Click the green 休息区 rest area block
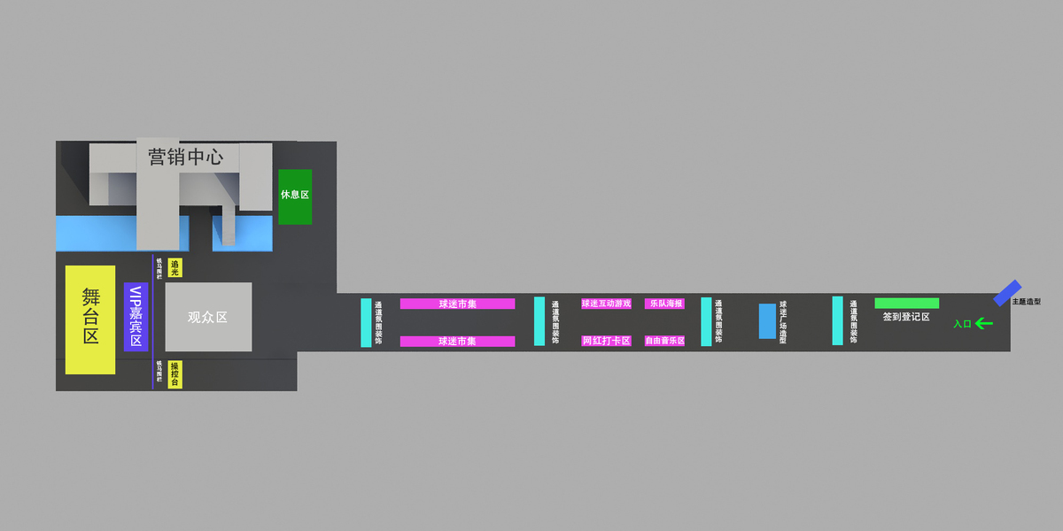point(295,196)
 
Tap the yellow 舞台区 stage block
point(90,319)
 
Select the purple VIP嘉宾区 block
point(136,317)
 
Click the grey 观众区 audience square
point(208,317)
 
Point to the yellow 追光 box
point(175,267)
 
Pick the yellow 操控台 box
point(175,374)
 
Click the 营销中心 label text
point(186,158)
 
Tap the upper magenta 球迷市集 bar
point(457,304)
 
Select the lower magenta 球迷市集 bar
point(457,342)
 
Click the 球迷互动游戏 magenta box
point(606,304)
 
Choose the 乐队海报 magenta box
point(664,304)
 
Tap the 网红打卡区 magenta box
point(606,341)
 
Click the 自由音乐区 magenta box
point(664,341)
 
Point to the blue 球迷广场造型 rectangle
point(767,321)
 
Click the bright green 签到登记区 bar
point(906,303)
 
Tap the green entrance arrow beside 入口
point(984,324)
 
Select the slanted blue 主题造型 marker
point(1007,293)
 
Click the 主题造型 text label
point(1027,302)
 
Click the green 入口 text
point(962,324)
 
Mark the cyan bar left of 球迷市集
point(366,322)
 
